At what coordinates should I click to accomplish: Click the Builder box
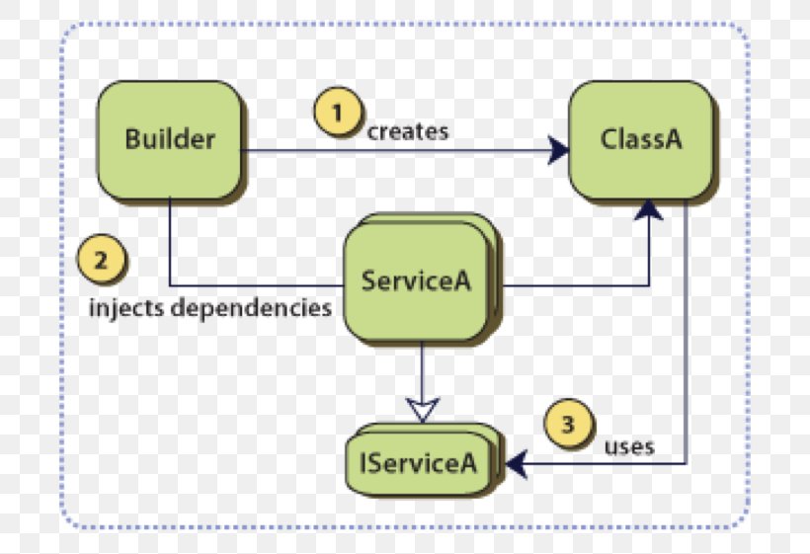pyautogui.click(x=169, y=139)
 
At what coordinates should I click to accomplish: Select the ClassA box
pyautogui.click(x=640, y=139)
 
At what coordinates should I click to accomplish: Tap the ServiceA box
pyautogui.click(x=415, y=280)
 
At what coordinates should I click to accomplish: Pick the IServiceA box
pyautogui.click(x=424, y=461)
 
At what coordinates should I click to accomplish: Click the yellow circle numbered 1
pyautogui.click(x=337, y=112)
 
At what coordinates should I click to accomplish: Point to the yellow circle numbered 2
pyautogui.click(x=100, y=261)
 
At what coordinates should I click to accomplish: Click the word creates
pyautogui.click(x=407, y=131)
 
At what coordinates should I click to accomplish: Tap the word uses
pyautogui.click(x=629, y=446)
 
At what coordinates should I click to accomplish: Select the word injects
pyautogui.click(x=126, y=307)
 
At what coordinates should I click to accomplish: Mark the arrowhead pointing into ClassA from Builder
pyautogui.click(x=559, y=151)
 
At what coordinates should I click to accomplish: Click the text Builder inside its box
pyautogui.click(x=169, y=139)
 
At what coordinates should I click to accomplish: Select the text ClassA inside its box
pyautogui.click(x=640, y=139)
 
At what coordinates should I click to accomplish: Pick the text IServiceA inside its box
pyautogui.click(x=424, y=461)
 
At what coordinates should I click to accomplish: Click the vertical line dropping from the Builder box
pyautogui.click(x=170, y=242)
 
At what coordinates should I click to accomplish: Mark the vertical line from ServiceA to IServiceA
pyautogui.click(x=422, y=370)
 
